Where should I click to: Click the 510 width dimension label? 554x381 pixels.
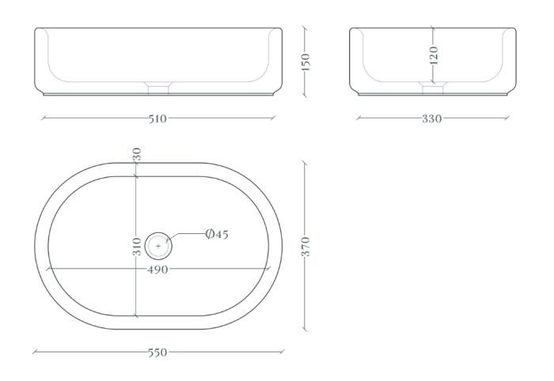coord(157,119)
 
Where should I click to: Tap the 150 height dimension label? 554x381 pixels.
coord(305,62)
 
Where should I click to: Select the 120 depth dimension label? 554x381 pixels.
coord(434,55)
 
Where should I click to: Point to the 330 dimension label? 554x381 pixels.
coord(432,119)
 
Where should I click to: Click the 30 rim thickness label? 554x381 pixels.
coord(137,154)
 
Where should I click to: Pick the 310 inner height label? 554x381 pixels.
coord(137,247)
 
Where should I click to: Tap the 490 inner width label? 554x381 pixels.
coord(157,270)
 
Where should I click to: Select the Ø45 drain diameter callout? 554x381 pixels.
coord(217,234)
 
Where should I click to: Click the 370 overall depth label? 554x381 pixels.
coord(305,247)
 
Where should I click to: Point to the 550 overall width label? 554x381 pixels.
coord(157,353)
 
